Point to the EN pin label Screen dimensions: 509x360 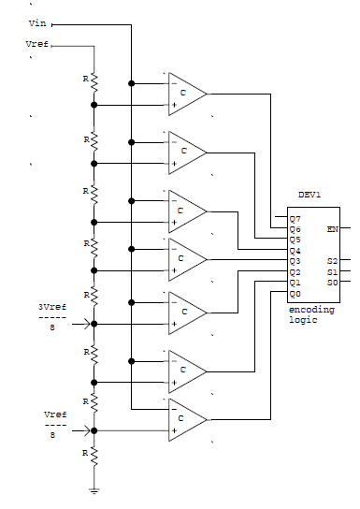click(332, 227)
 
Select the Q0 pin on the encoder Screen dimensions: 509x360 click(295, 293)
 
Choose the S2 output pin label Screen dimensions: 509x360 click(332, 261)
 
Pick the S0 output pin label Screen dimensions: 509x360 click(332, 282)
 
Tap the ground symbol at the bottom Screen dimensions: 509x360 click(94, 489)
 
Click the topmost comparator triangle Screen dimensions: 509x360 click(187, 94)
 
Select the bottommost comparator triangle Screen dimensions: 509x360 click(187, 420)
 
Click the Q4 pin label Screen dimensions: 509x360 click(295, 250)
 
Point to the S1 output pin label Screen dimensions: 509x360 click(332, 271)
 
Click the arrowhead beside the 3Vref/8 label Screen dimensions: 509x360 click(90, 324)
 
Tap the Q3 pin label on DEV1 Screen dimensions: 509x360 click(295, 261)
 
